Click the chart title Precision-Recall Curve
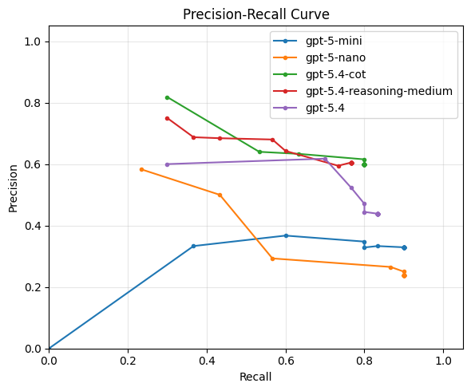pos(255,14)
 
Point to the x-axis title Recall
pos(255,377)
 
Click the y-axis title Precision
pos(13,188)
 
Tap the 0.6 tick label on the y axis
pos(33,164)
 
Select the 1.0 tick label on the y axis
pos(33,41)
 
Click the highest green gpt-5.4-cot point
pos(167,97)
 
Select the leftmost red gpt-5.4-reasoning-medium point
pos(167,118)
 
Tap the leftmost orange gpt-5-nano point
pos(141,169)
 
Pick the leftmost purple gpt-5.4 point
pos(167,164)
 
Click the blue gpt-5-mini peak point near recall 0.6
pos(286,235)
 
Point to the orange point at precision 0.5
pos(220,195)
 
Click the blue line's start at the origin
pos(49,349)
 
